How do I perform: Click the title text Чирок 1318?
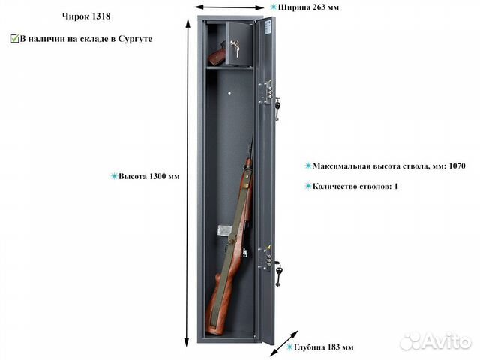click(86, 16)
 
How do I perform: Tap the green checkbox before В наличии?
click(14, 39)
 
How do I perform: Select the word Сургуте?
click(135, 39)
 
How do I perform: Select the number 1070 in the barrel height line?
click(457, 166)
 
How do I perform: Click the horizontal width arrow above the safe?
click(229, 7)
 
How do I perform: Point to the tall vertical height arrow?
click(187, 182)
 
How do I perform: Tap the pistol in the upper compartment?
click(217, 54)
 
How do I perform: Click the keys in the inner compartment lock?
click(235, 48)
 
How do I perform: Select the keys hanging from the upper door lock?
click(277, 108)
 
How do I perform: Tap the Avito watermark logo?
click(436, 340)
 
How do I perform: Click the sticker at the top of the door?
click(268, 27)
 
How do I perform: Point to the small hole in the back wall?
click(230, 93)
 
